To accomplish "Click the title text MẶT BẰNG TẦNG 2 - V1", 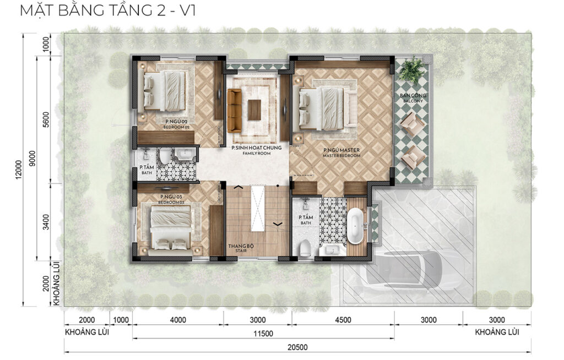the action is click(x=107, y=10).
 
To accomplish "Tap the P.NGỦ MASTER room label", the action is click(x=341, y=150).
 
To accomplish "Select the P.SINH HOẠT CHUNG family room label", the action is click(x=257, y=148).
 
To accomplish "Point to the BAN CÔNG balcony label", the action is click(x=413, y=95).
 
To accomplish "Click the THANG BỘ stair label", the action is click(x=241, y=246).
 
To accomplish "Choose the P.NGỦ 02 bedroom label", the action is click(x=176, y=122).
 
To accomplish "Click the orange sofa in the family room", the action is click(x=234, y=111).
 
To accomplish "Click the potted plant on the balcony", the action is click(x=412, y=70).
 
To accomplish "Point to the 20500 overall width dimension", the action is click(x=297, y=347).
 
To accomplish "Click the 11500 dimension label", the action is click(x=263, y=334).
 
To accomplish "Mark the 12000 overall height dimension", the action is click(x=19, y=169).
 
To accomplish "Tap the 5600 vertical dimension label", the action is click(x=46, y=120).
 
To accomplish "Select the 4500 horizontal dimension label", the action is click(x=343, y=320).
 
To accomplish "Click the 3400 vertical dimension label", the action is click(x=46, y=222).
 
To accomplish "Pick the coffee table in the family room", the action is click(x=254, y=110).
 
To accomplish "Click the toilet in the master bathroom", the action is click(x=305, y=248).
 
